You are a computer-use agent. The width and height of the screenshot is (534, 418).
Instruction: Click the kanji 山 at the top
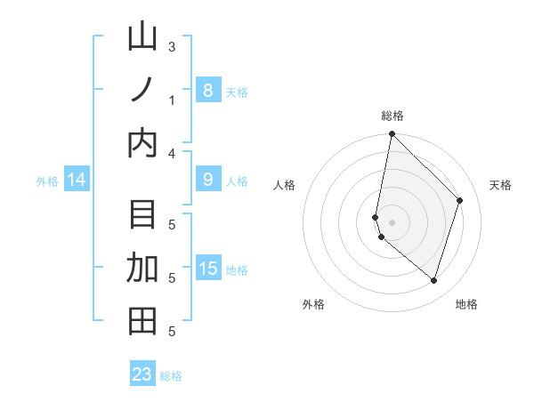pos(142,38)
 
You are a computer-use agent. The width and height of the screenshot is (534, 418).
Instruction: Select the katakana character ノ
pos(142,90)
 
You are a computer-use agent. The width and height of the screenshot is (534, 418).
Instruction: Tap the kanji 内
pos(142,143)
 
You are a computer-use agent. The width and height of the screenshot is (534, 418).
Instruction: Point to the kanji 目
pos(142,215)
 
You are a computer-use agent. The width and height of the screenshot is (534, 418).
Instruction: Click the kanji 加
pos(142,268)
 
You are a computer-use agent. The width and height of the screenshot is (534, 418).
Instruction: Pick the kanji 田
pos(142,321)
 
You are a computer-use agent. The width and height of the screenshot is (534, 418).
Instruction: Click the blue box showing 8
pos(207,90)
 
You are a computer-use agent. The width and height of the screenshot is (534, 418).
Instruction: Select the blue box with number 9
pos(207,180)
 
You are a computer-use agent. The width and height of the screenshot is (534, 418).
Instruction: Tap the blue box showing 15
pos(207,269)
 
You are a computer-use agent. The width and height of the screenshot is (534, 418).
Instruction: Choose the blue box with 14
pos(77,181)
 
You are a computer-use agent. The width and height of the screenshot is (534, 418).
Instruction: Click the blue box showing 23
pos(142,374)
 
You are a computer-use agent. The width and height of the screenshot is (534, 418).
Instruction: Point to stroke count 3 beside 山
pos(172,47)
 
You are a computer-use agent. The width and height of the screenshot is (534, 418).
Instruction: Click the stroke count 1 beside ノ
pos(172,100)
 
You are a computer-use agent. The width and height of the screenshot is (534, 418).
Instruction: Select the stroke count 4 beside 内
pos(172,154)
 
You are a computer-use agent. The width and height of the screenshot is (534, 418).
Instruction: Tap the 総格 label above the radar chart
pos(392,116)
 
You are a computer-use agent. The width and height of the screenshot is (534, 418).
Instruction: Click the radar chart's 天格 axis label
pos(500,185)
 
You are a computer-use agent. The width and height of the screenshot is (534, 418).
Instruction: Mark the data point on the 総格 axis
pos(392,134)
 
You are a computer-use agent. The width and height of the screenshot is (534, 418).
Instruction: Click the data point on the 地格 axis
pos(433,280)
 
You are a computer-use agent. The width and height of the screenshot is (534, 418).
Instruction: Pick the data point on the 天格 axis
pos(460,200)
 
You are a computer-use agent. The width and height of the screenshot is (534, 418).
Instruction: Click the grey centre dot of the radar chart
pos(392,221)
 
